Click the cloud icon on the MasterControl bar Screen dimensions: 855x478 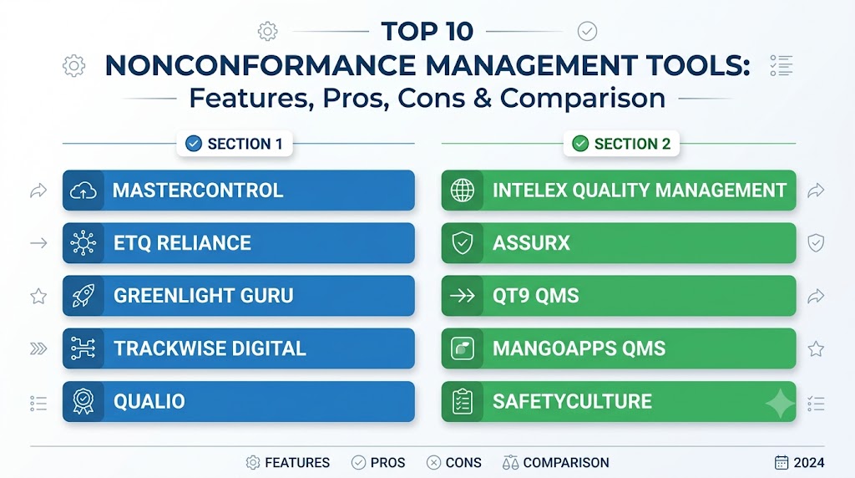(x=83, y=191)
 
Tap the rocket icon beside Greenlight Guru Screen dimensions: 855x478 (x=83, y=296)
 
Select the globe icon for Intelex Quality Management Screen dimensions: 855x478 (x=463, y=191)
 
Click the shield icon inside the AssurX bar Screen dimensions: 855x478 (x=463, y=243)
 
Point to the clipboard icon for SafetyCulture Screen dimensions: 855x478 (x=463, y=402)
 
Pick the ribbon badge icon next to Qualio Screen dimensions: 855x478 (x=83, y=402)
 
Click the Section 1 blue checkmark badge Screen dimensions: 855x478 (x=194, y=144)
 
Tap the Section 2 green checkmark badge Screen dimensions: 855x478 (x=580, y=144)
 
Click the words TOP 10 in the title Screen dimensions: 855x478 (x=427, y=31)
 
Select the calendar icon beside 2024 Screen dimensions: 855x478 (x=782, y=462)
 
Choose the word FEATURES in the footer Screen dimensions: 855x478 (x=297, y=463)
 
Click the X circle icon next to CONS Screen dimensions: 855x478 (x=433, y=463)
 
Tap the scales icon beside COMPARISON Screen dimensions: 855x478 (x=510, y=463)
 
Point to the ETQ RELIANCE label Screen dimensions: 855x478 (x=182, y=243)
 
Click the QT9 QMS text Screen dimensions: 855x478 (x=535, y=296)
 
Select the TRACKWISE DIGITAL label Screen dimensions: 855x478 (x=210, y=348)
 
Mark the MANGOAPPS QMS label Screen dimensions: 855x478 (x=579, y=348)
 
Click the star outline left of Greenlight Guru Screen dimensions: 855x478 (x=38, y=297)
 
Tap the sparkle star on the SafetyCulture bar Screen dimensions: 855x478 (x=781, y=404)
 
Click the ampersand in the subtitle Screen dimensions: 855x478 (x=483, y=99)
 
